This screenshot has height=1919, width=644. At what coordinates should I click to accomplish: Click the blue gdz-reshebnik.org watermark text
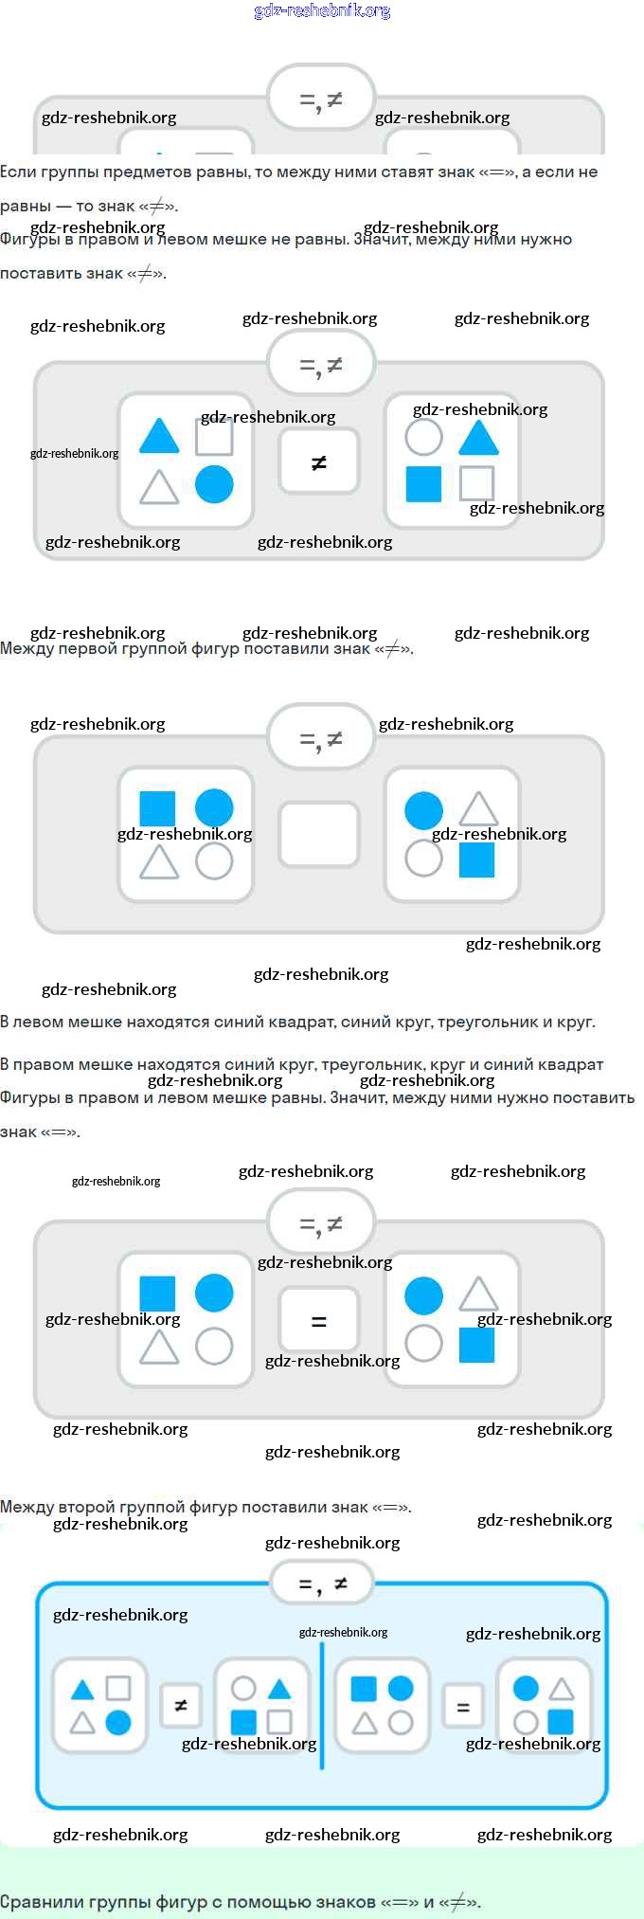(x=322, y=11)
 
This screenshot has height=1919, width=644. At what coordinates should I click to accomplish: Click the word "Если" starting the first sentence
(x=18, y=172)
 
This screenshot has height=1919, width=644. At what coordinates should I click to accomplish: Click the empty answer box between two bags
(x=319, y=834)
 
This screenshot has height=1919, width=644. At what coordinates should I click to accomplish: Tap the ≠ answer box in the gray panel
(x=319, y=462)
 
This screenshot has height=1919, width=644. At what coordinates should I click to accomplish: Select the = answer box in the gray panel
(x=319, y=1319)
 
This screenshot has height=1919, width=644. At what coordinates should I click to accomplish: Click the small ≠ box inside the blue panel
(x=181, y=1706)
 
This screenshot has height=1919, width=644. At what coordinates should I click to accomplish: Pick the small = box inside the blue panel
(x=463, y=1707)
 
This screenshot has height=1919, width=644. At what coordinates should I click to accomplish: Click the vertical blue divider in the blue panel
(x=322, y=1706)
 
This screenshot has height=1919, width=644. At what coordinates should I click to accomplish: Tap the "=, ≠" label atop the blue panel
(x=322, y=1584)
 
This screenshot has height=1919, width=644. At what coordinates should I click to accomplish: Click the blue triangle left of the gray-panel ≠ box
(x=159, y=437)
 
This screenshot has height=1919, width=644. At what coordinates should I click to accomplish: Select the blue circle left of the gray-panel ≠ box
(x=214, y=484)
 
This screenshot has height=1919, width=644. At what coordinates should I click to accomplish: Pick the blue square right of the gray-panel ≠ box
(x=423, y=483)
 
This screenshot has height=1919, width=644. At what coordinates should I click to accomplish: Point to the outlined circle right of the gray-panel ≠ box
(x=423, y=437)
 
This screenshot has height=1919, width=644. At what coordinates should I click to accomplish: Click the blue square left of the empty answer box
(x=157, y=808)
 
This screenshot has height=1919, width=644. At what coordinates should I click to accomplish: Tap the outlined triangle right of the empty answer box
(x=478, y=809)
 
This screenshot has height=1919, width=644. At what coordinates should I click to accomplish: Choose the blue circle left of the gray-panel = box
(x=214, y=1293)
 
